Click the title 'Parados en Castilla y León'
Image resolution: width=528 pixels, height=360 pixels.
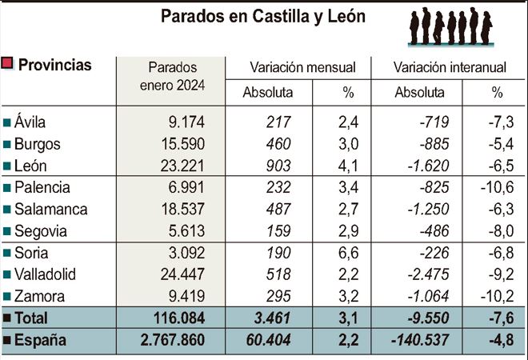pyautogui.click(x=263, y=17)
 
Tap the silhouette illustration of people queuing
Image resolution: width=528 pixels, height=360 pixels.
pyautogui.click(x=450, y=26)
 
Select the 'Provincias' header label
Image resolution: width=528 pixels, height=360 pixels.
pyautogui.click(x=54, y=65)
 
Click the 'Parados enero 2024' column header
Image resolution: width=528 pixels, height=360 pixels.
pyautogui.click(x=172, y=76)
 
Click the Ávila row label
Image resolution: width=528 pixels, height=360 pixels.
pyautogui.click(x=30, y=122)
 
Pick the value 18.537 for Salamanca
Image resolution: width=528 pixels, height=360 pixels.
pyautogui.click(x=182, y=210)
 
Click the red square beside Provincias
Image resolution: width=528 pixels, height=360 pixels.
pyautogui.click(x=9, y=64)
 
